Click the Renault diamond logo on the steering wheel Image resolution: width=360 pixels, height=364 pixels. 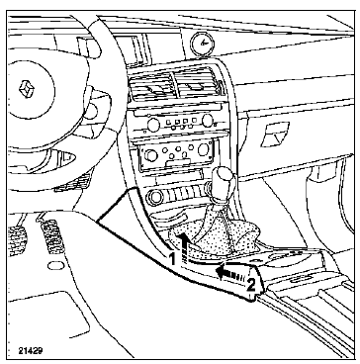tap(27, 89)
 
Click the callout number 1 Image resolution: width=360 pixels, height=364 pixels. tap(172, 259)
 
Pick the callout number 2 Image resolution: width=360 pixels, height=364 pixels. tap(251, 285)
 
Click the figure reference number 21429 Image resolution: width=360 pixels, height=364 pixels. tap(31, 351)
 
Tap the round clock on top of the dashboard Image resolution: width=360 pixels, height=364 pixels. tap(202, 43)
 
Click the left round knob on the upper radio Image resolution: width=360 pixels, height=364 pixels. tap(153, 125)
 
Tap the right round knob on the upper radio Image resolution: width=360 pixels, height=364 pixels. tap(208, 121)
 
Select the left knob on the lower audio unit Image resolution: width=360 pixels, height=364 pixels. tap(151, 155)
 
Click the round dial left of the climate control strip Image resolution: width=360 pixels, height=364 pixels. tap(155, 197)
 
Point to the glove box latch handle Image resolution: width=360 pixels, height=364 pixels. tap(275, 135)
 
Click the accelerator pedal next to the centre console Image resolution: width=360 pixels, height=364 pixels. tap(51, 236)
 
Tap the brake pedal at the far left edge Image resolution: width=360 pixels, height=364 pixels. tap(17, 240)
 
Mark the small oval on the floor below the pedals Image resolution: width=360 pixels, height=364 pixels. tap(55, 265)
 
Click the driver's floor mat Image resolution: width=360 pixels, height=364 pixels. tap(46, 314)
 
